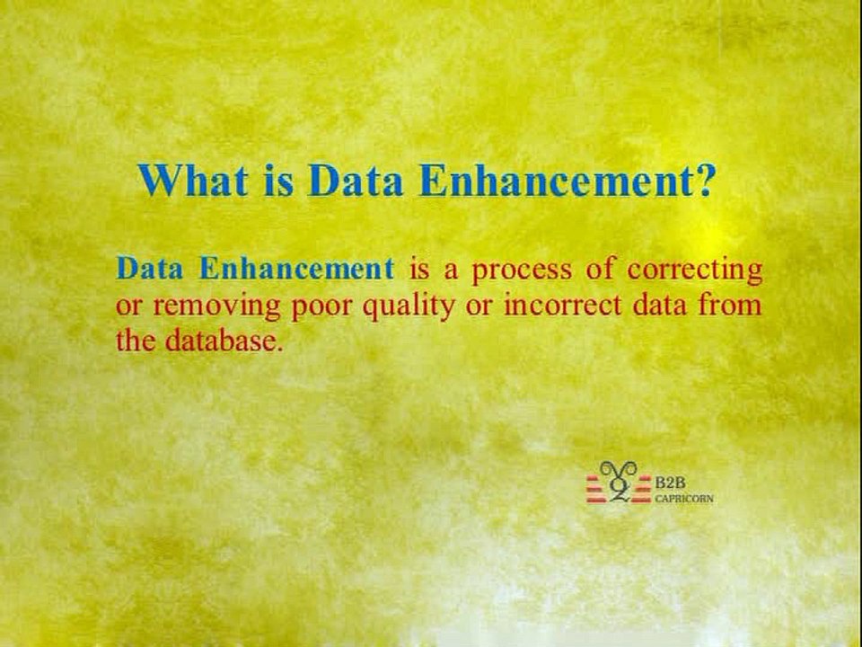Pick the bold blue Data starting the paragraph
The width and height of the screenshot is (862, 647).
pyautogui.click(x=152, y=269)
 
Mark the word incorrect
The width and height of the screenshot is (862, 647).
pyautogui.click(x=559, y=306)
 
